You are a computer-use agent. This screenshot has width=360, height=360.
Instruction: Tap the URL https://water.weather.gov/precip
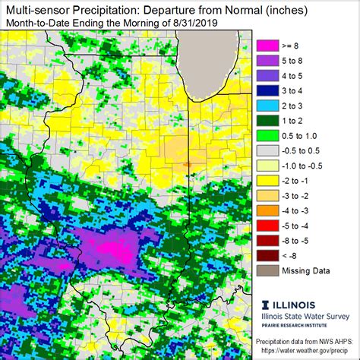tap(306, 353)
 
